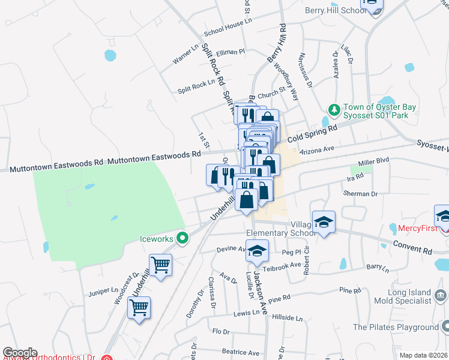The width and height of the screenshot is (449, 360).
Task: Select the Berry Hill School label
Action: click(335, 10)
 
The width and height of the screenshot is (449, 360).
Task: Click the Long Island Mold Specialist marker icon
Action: click(440, 295)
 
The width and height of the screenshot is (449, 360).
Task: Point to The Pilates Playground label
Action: click(395, 327)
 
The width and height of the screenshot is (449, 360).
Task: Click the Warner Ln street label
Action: click(185, 55)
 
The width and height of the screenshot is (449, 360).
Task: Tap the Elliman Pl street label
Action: click(231, 52)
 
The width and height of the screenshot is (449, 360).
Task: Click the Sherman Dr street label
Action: click(360, 194)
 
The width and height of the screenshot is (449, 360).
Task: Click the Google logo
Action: click(20, 353)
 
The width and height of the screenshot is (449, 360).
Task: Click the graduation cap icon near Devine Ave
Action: click(257, 250)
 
